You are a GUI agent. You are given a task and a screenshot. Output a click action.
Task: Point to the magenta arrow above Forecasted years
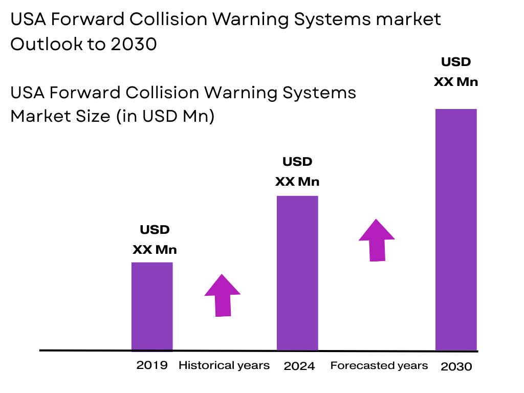377,240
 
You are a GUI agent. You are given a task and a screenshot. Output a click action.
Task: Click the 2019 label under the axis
152,365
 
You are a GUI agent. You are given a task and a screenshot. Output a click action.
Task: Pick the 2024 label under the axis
299,366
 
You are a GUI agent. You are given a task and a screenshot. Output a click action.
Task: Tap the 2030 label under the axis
456,366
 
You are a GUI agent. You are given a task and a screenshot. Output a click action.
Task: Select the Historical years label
224,365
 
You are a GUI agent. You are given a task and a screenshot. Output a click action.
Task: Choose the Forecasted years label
379,365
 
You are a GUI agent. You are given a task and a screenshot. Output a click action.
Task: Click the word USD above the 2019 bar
155,230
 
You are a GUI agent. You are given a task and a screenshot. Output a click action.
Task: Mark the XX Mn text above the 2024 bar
297,182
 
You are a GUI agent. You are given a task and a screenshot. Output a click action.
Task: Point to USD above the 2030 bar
456,62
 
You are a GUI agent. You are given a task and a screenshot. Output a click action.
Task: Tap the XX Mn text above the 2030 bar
456,82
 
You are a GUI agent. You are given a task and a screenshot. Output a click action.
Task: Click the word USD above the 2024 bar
297,162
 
